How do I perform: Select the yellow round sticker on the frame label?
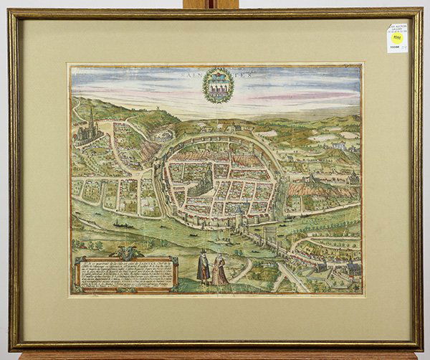(x=396, y=38)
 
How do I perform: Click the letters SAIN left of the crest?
(x=193, y=72)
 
